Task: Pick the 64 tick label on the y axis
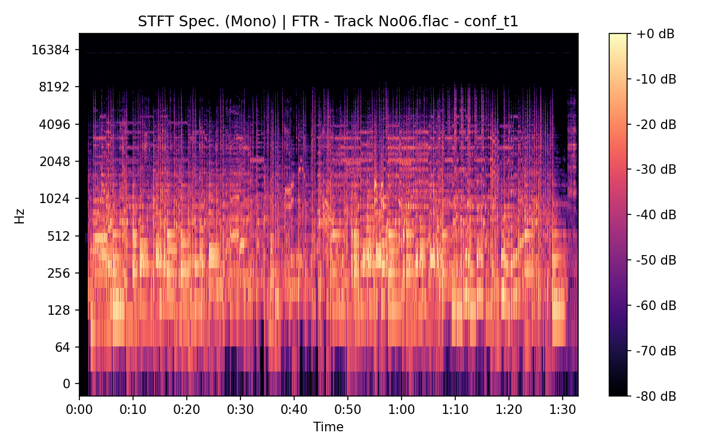(63, 347)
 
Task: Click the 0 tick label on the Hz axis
(67, 383)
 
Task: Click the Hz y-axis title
(20, 216)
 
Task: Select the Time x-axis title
(328, 427)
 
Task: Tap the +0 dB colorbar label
(655, 34)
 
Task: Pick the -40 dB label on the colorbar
(655, 214)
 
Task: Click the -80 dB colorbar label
(655, 395)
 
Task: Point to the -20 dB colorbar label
(655, 124)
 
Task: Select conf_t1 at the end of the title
(495, 22)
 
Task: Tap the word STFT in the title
(154, 22)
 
